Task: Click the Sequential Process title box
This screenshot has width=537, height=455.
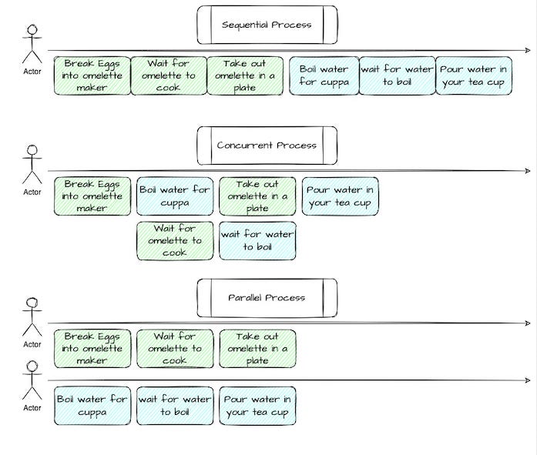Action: (x=267, y=25)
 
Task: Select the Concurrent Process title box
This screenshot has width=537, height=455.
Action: (x=267, y=146)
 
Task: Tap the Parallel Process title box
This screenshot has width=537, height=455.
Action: (x=267, y=298)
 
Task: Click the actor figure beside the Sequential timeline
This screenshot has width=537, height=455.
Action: (x=32, y=46)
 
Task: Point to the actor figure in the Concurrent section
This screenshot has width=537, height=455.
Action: (x=32, y=166)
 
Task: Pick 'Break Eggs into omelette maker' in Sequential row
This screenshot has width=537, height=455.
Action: (x=92, y=75)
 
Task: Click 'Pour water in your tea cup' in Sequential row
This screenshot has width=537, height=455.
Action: (x=474, y=75)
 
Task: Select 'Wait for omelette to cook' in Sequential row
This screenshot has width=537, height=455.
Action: (x=169, y=75)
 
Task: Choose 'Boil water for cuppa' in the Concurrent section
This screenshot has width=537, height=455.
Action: (x=175, y=196)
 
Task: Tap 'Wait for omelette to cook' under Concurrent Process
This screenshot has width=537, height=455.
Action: (x=175, y=240)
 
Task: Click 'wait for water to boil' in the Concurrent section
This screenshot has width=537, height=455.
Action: (x=257, y=240)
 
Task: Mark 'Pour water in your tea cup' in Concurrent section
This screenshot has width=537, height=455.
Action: (x=340, y=196)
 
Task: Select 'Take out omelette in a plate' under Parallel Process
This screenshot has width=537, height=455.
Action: (x=257, y=349)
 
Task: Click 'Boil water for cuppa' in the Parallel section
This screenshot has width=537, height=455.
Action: (x=92, y=406)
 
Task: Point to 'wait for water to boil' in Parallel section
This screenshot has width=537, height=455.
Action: (x=175, y=406)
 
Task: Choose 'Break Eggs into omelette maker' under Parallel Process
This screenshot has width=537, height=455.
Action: (x=92, y=349)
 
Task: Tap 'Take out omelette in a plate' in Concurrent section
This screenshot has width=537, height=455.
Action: (x=257, y=196)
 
